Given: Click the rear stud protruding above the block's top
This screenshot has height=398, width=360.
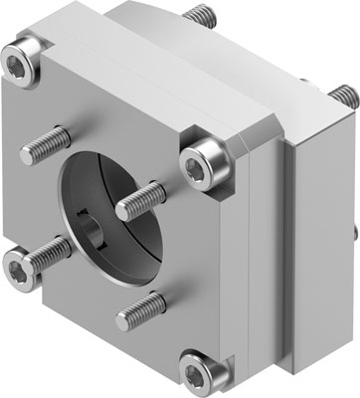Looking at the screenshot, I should (200, 18).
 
